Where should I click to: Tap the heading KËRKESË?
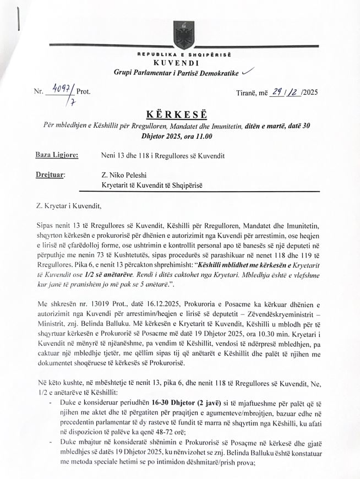(x=179, y=115)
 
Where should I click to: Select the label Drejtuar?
(x=50, y=175)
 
